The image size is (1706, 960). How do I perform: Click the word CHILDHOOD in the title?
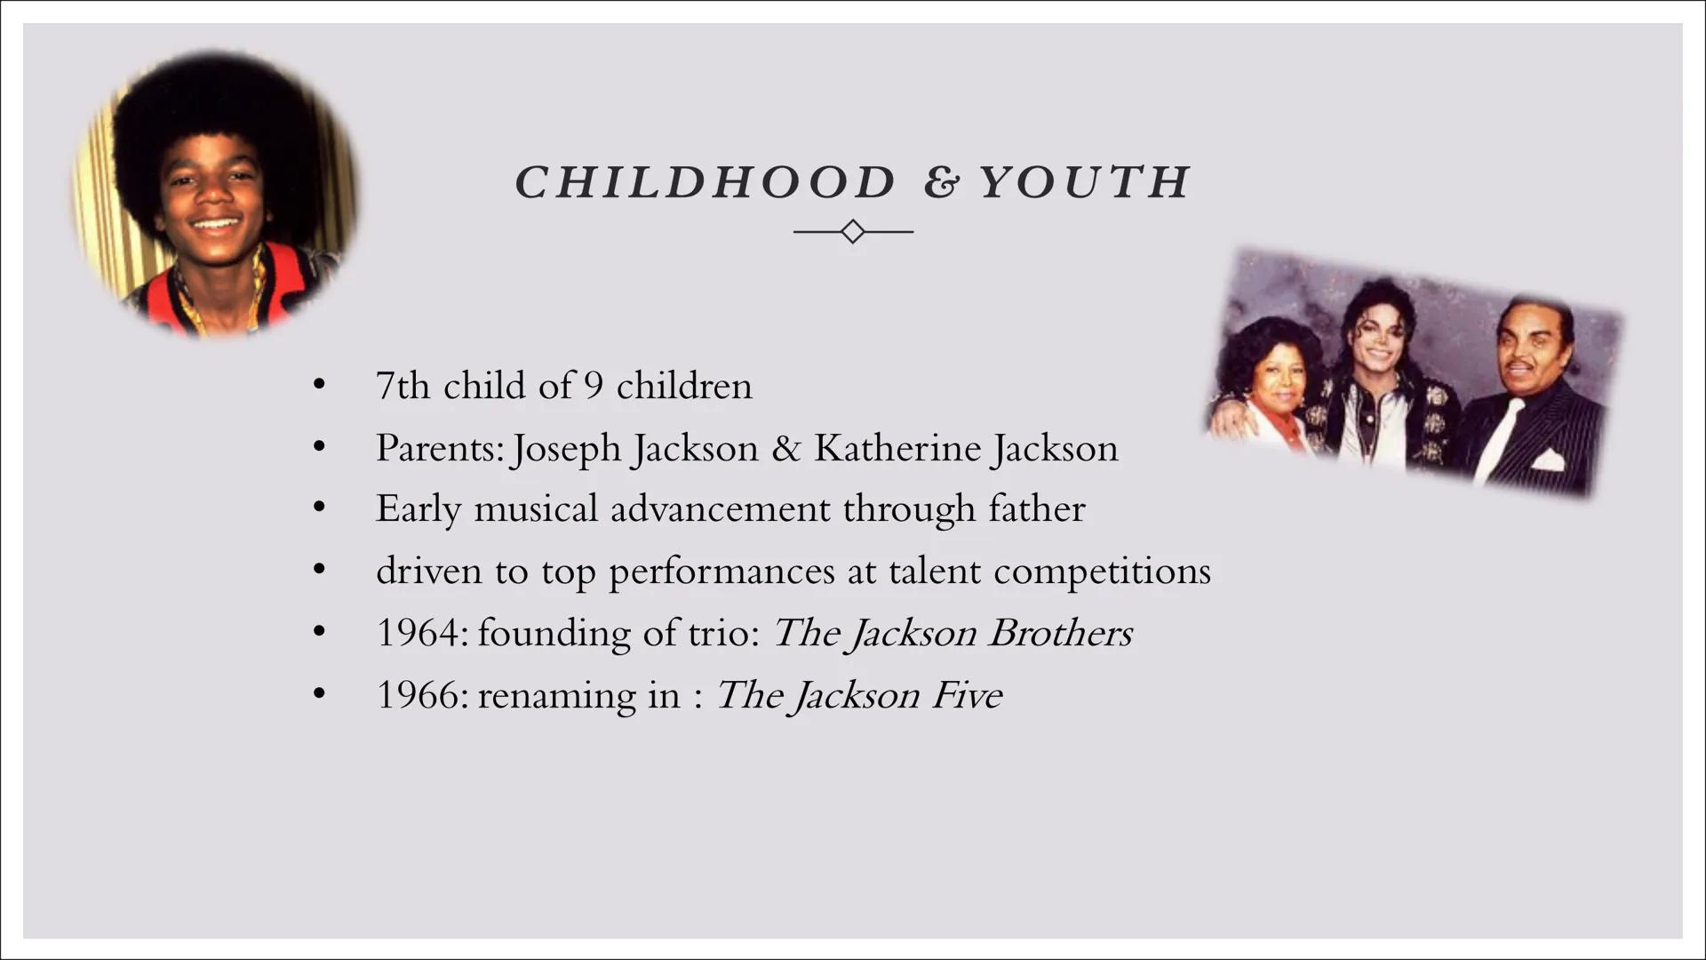coord(706,182)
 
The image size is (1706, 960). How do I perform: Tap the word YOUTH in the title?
coord(1085,182)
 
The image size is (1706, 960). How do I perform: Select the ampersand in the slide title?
coord(941,183)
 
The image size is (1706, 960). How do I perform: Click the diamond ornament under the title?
coord(853,232)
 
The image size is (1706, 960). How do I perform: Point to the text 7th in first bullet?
coord(403,386)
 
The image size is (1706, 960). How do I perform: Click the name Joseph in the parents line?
coord(567,448)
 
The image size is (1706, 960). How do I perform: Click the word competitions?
coord(1102,572)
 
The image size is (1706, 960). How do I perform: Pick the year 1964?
coord(417,633)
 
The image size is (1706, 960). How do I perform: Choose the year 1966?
coord(417,695)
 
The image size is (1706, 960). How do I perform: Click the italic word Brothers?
coord(1060,633)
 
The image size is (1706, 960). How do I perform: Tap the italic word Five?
coord(967,695)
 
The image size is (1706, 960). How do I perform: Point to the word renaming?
coord(555,695)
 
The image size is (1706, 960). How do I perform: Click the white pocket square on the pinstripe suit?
coord(1547,460)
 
